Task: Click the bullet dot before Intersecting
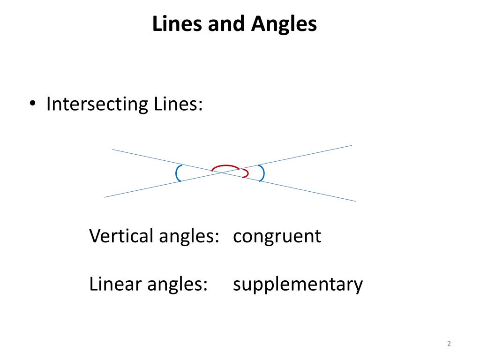point(32,105)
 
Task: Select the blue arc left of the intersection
point(178,173)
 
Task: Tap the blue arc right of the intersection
point(262,173)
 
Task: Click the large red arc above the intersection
point(225,166)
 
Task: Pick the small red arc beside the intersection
point(246,173)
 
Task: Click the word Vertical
point(121,235)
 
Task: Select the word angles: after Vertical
point(189,236)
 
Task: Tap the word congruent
point(277,236)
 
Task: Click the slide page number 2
point(449,344)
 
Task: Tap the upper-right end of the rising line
point(351,146)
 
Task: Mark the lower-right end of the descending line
point(355,201)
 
